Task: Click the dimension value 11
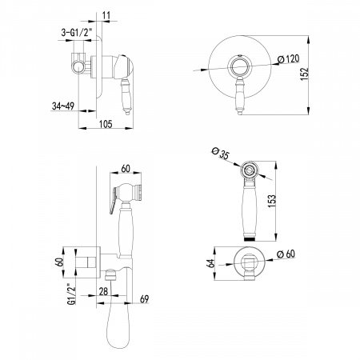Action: tap(106, 16)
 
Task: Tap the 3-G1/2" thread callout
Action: tap(77, 33)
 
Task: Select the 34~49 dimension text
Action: tap(63, 106)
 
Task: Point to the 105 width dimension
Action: tap(106, 124)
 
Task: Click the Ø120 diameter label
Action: tap(288, 59)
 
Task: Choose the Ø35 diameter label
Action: tap(221, 154)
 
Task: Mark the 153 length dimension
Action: tap(271, 201)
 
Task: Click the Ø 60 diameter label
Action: tap(286, 254)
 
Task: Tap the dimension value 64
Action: tap(210, 263)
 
